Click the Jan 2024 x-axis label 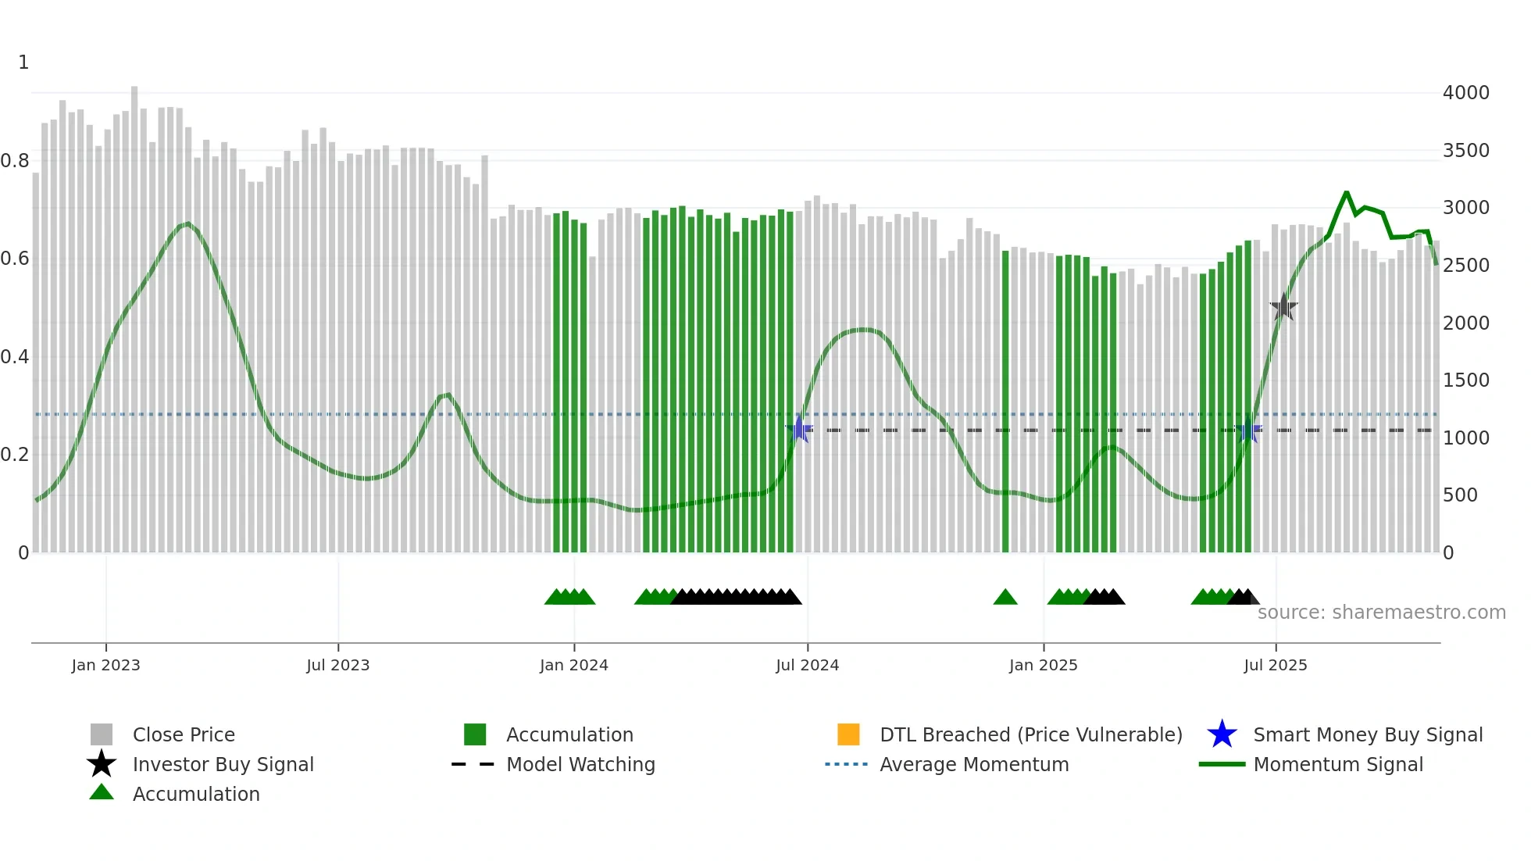pos(573,665)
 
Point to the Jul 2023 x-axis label pos(337,665)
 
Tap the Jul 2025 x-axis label pos(1275,665)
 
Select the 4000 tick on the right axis pos(1465,93)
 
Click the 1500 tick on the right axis pos(1465,380)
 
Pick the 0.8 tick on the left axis pos(15,161)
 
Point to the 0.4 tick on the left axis pos(15,357)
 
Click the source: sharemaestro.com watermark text pos(1381,613)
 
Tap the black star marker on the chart pos(1283,308)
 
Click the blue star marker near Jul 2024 pos(799,430)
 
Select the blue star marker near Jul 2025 pos(1248,430)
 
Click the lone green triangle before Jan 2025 pos(1005,598)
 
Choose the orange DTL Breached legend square pos(848,734)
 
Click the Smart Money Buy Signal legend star pos(1222,734)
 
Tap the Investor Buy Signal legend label pos(223,764)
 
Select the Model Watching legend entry pos(580,764)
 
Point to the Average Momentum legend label pos(973,764)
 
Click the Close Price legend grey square pos(102,734)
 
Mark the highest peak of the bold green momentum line pos(1346,192)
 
